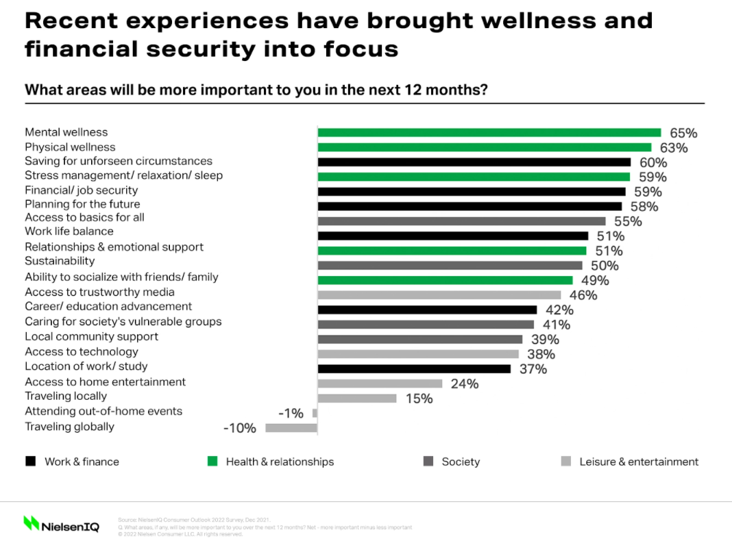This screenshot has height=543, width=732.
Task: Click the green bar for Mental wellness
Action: [489, 133]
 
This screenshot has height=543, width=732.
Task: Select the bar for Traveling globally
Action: [291, 428]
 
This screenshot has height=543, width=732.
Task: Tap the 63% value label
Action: [673, 148]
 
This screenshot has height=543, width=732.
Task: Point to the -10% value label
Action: [240, 429]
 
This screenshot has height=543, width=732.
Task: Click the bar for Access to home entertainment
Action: [380, 383]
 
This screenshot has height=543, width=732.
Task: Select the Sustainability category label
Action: [60, 261]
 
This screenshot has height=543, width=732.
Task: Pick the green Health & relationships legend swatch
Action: [212, 462]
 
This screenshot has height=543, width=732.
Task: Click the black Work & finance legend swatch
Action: [31, 462]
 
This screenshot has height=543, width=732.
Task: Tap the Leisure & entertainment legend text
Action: [639, 462]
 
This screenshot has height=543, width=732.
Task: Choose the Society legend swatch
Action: [428, 462]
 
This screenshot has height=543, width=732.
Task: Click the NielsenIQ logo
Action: [61, 525]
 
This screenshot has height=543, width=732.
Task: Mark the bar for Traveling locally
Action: [356, 398]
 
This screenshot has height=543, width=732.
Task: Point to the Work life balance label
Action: [69, 231]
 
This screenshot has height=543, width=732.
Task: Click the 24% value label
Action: [465, 384]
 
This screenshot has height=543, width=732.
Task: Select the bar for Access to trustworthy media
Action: [439, 295]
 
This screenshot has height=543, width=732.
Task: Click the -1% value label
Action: [291, 414]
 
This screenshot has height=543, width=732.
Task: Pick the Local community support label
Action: [91, 336]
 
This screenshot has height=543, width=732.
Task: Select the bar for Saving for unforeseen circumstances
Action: [474, 162]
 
